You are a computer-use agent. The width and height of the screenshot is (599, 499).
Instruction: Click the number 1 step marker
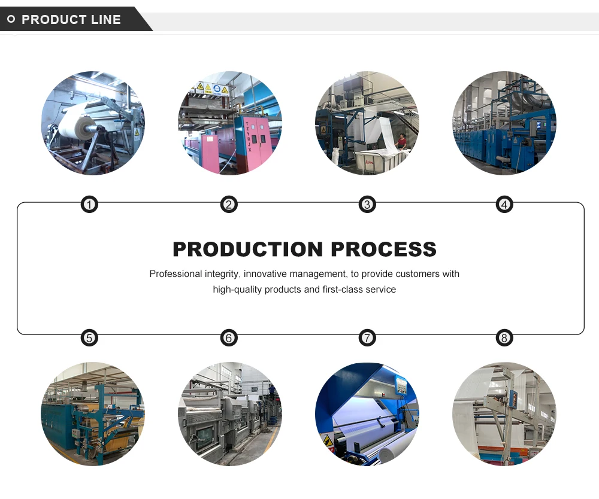89,205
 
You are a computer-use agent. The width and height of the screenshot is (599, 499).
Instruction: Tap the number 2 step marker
228,205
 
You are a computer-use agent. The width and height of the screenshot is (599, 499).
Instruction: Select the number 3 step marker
367,205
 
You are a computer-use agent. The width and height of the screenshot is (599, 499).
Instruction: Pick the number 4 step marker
504,205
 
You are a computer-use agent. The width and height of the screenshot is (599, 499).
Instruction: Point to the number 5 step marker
89,338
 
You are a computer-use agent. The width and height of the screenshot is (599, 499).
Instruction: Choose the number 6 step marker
228,338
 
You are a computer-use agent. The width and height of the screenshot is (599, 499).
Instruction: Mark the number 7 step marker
367,338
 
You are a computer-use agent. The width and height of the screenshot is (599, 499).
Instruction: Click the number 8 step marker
504,338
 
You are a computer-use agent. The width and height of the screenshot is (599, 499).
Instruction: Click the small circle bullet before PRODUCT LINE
11,20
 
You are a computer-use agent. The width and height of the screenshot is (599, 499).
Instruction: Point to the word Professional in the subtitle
176,274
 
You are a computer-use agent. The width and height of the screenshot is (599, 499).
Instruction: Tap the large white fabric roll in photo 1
75,123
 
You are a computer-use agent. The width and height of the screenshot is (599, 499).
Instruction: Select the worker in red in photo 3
401,141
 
